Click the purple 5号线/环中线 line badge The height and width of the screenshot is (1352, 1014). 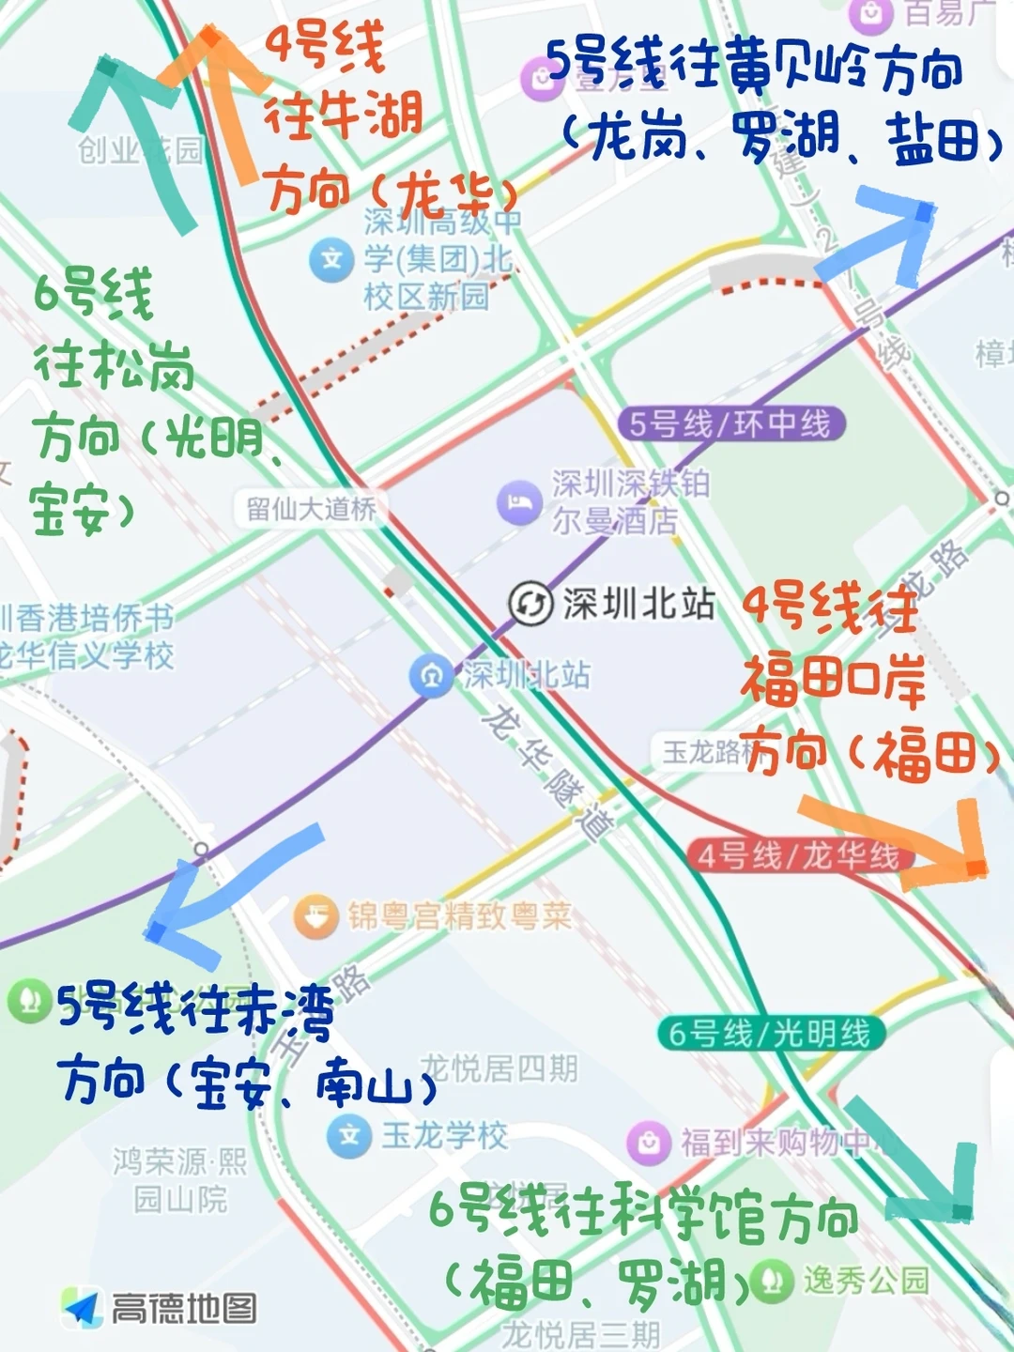click(x=730, y=424)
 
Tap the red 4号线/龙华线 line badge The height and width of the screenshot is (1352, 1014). click(x=797, y=855)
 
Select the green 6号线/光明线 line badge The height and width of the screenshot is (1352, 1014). click(x=770, y=1034)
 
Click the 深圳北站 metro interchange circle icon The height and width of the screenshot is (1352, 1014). click(x=530, y=603)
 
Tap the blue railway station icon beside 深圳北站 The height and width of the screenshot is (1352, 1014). click(x=432, y=675)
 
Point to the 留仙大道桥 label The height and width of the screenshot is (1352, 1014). click(x=311, y=509)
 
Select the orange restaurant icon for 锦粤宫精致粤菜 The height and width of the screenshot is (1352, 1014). click(x=316, y=915)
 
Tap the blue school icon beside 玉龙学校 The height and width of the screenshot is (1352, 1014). click(x=349, y=1136)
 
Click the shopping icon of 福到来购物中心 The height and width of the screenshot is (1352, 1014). click(x=649, y=1142)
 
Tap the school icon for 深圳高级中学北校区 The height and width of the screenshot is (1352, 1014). click(x=331, y=258)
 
